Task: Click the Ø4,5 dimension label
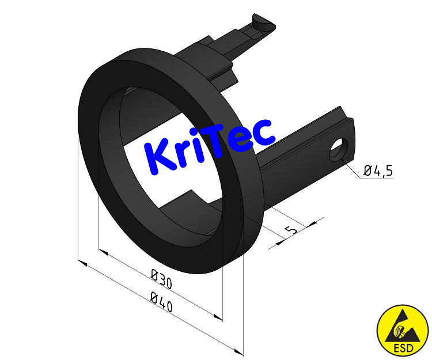378,170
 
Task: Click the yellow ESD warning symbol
403,331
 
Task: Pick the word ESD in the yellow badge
403,347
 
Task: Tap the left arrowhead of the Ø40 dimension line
82,263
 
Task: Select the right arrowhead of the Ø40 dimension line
240,351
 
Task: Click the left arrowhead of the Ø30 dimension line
103,252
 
